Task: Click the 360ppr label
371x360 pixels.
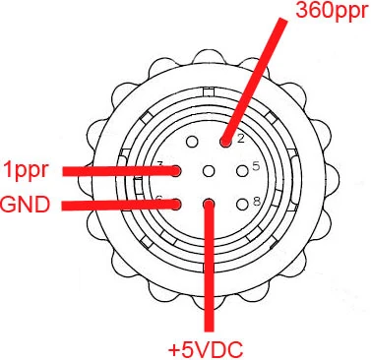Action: pyautogui.click(x=330, y=13)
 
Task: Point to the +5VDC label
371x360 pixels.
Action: pyautogui.click(x=206, y=347)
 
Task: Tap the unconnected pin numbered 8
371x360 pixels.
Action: pyautogui.click(x=242, y=205)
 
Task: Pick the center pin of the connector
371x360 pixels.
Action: pyautogui.click(x=208, y=171)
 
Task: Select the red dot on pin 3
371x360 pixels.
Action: pyautogui.click(x=175, y=170)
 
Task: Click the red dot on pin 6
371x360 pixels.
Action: pyautogui.click(x=175, y=205)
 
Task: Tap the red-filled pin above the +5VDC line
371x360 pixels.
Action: pyautogui.click(x=208, y=205)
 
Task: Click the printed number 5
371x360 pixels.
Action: pyautogui.click(x=255, y=165)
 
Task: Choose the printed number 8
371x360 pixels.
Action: pyautogui.click(x=255, y=201)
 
